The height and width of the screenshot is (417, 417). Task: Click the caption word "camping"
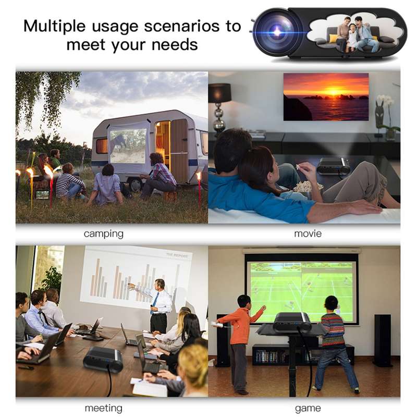[x=103, y=234]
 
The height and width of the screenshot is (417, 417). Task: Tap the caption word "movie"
[x=308, y=234]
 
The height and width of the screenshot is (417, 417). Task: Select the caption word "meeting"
[x=103, y=408]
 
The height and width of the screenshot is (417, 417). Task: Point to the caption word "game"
[x=308, y=408]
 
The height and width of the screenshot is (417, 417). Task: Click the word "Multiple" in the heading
[x=55, y=27]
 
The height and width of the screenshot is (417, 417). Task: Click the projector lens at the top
[x=277, y=32]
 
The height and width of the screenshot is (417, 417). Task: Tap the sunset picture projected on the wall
[x=326, y=97]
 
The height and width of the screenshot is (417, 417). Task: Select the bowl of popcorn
[x=305, y=186]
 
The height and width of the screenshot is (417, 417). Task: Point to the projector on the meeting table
[x=103, y=360]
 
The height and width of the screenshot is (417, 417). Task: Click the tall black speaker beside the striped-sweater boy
[x=383, y=341]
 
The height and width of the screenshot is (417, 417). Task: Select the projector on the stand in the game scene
[x=292, y=322]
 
